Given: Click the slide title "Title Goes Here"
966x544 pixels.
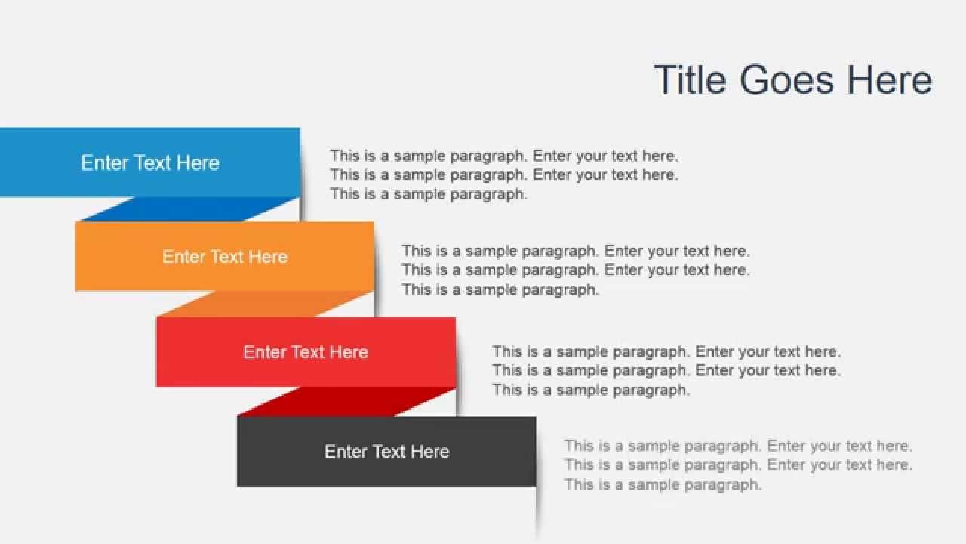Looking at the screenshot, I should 792,80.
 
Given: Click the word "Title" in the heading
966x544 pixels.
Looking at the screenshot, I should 690,80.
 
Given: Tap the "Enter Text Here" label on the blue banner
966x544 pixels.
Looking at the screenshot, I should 150,162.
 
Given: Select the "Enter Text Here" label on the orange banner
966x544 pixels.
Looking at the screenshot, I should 225,257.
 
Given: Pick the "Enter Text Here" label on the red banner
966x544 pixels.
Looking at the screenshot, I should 306,352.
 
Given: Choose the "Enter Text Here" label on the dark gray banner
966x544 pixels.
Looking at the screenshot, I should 386,452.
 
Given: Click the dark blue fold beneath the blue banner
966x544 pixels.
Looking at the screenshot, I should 189,209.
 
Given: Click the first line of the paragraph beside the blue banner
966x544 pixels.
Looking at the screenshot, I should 503,156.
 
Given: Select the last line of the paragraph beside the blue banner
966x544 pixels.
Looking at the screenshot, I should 428,194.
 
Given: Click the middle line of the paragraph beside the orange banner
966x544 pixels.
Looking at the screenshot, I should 575,270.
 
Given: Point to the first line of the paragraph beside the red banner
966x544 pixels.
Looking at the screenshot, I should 666,351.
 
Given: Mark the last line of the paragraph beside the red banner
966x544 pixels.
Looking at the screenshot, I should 591,390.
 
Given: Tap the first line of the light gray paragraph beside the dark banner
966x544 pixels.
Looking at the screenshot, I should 737,446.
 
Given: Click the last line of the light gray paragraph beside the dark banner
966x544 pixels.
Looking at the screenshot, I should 662,484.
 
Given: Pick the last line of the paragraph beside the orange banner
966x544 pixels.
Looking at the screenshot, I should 500,289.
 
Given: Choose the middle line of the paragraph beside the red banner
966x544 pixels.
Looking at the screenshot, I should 666,370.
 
